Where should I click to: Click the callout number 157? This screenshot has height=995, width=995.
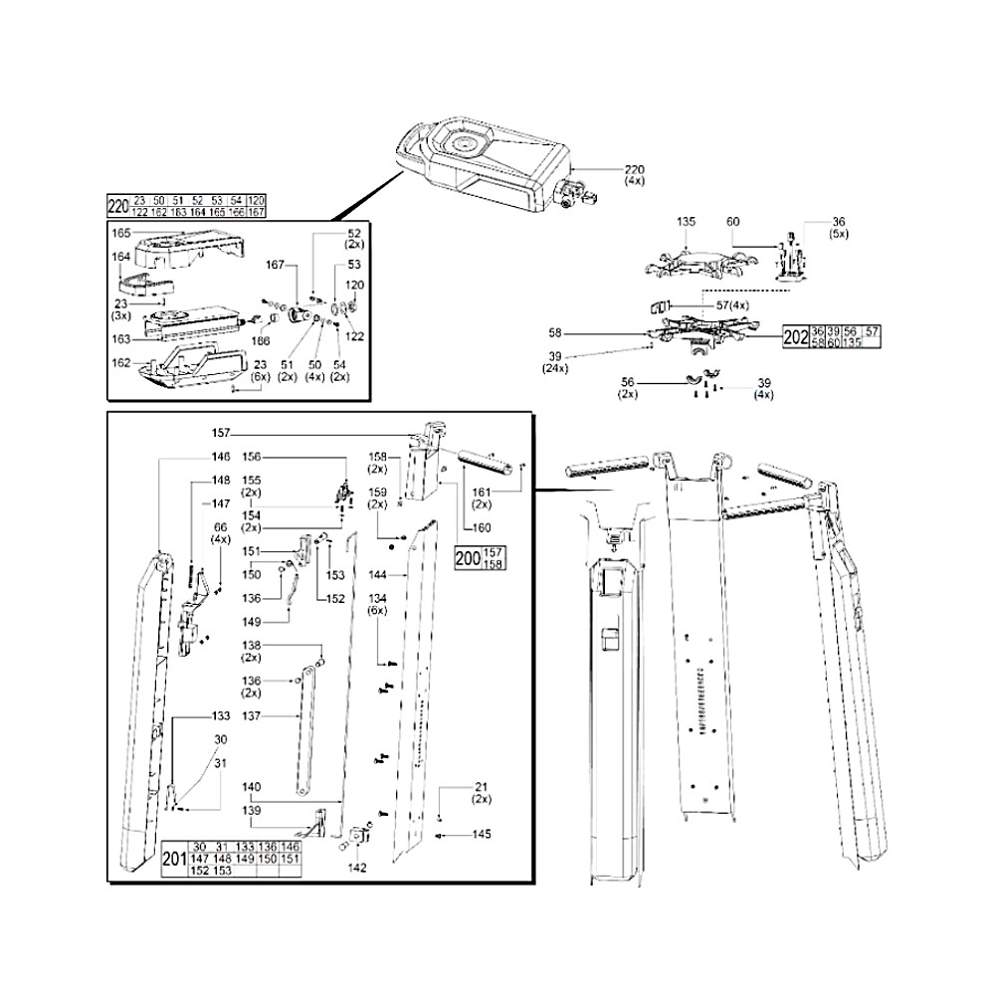[221, 433]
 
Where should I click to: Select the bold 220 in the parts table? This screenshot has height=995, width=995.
[117, 207]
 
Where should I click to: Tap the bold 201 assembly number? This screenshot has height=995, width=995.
[174, 857]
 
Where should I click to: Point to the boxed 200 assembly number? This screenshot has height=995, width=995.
[467, 559]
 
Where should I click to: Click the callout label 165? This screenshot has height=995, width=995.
[121, 233]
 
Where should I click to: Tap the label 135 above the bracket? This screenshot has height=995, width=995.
[687, 222]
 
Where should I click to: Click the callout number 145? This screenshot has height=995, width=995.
[482, 834]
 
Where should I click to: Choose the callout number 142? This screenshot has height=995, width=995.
[357, 868]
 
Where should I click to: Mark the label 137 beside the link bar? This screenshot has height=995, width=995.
[252, 715]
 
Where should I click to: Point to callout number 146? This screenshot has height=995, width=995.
[221, 457]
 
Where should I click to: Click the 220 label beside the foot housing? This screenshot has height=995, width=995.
[635, 170]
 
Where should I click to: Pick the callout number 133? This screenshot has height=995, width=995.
[221, 715]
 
